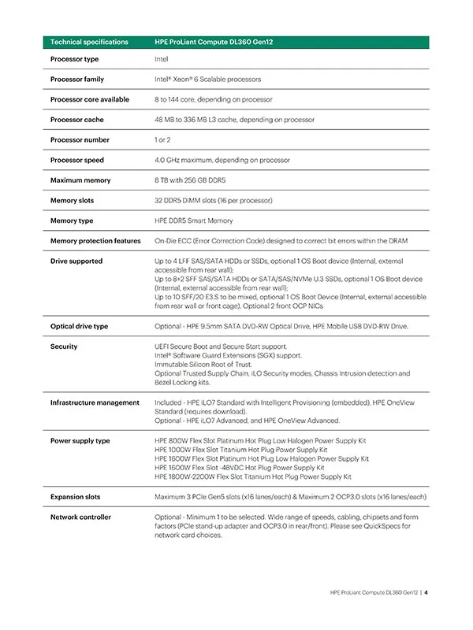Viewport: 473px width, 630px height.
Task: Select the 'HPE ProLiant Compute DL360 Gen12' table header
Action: [x=216, y=41]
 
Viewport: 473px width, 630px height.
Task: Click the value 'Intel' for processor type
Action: [x=162, y=59]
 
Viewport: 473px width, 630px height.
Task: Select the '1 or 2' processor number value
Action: [x=166, y=140]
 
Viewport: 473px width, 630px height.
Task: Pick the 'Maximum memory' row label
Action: [x=79, y=180]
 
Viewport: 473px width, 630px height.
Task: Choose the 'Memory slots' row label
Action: [x=73, y=201]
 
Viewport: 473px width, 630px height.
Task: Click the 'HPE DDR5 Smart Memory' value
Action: [x=194, y=220]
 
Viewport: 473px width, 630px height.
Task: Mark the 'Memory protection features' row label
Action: [x=95, y=241]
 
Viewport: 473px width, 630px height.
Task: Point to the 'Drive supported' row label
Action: [x=76, y=261]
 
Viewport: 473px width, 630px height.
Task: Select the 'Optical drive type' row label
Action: [x=80, y=326]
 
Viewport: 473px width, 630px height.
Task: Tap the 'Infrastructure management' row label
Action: [x=95, y=402]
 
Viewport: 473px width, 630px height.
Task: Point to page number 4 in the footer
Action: [x=426, y=593]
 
